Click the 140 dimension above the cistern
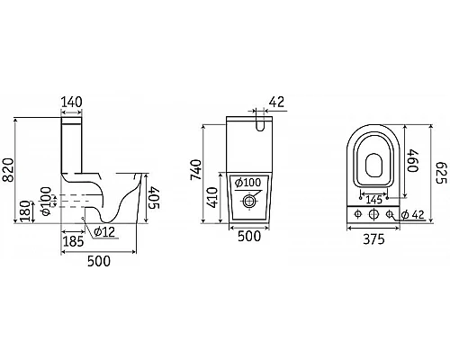[x=71, y=103]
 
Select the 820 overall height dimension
[x=9, y=170]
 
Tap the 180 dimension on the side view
[x=25, y=211]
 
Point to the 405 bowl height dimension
[x=155, y=197]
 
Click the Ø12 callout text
[x=104, y=231]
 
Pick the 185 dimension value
[x=73, y=241]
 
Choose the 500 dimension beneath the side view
[x=99, y=261]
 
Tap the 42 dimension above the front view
[x=276, y=103]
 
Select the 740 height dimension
[x=196, y=170]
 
